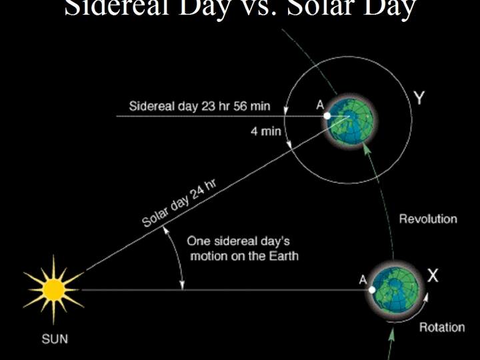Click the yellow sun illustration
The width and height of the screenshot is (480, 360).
[x=54, y=289]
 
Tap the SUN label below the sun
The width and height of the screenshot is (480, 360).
[x=55, y=339]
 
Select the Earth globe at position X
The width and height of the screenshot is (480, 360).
[x=397, y=290]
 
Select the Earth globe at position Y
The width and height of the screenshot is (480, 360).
[x=351, y=120]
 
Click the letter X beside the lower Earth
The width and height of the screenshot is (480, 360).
[x=433, y=275]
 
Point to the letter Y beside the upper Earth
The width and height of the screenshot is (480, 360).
[x=419, y=98]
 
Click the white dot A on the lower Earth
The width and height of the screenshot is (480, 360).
[x=372, y=289]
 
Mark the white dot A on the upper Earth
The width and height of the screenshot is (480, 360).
[x=327, y=116]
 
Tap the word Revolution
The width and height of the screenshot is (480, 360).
[x=428, y=219]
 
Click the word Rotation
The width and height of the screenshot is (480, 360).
[x=442, y=327]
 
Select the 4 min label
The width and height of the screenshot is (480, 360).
[x=266, y=131]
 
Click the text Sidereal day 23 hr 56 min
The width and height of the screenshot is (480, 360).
[x=199, y=106]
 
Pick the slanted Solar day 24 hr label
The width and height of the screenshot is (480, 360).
[x=179, y=203]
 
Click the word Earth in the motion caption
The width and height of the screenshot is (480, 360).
[x=283, y=256]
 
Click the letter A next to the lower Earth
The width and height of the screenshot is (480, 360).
[x=363, y=279]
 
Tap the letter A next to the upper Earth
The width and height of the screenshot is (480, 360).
[x=320, y=105]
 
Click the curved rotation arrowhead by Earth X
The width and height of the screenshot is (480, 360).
[x=426, y=297]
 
